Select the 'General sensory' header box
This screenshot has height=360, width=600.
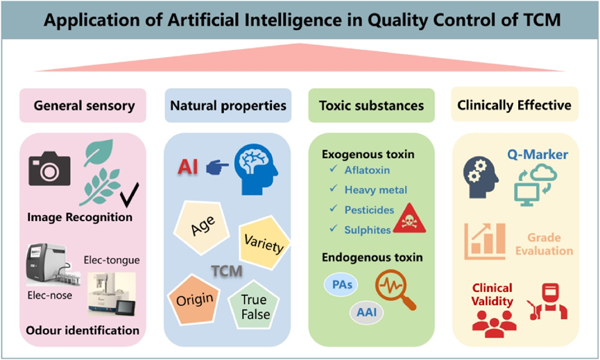click(x=83, y=105)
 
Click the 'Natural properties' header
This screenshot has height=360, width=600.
click(x=228, y=105)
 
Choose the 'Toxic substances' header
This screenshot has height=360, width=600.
click(x=371, y=105)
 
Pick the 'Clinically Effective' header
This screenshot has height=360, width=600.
click(x=514, y=105)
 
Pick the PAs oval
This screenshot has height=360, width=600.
click(x=341, y=284)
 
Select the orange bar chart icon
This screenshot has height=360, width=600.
click(x=486, y=239)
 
